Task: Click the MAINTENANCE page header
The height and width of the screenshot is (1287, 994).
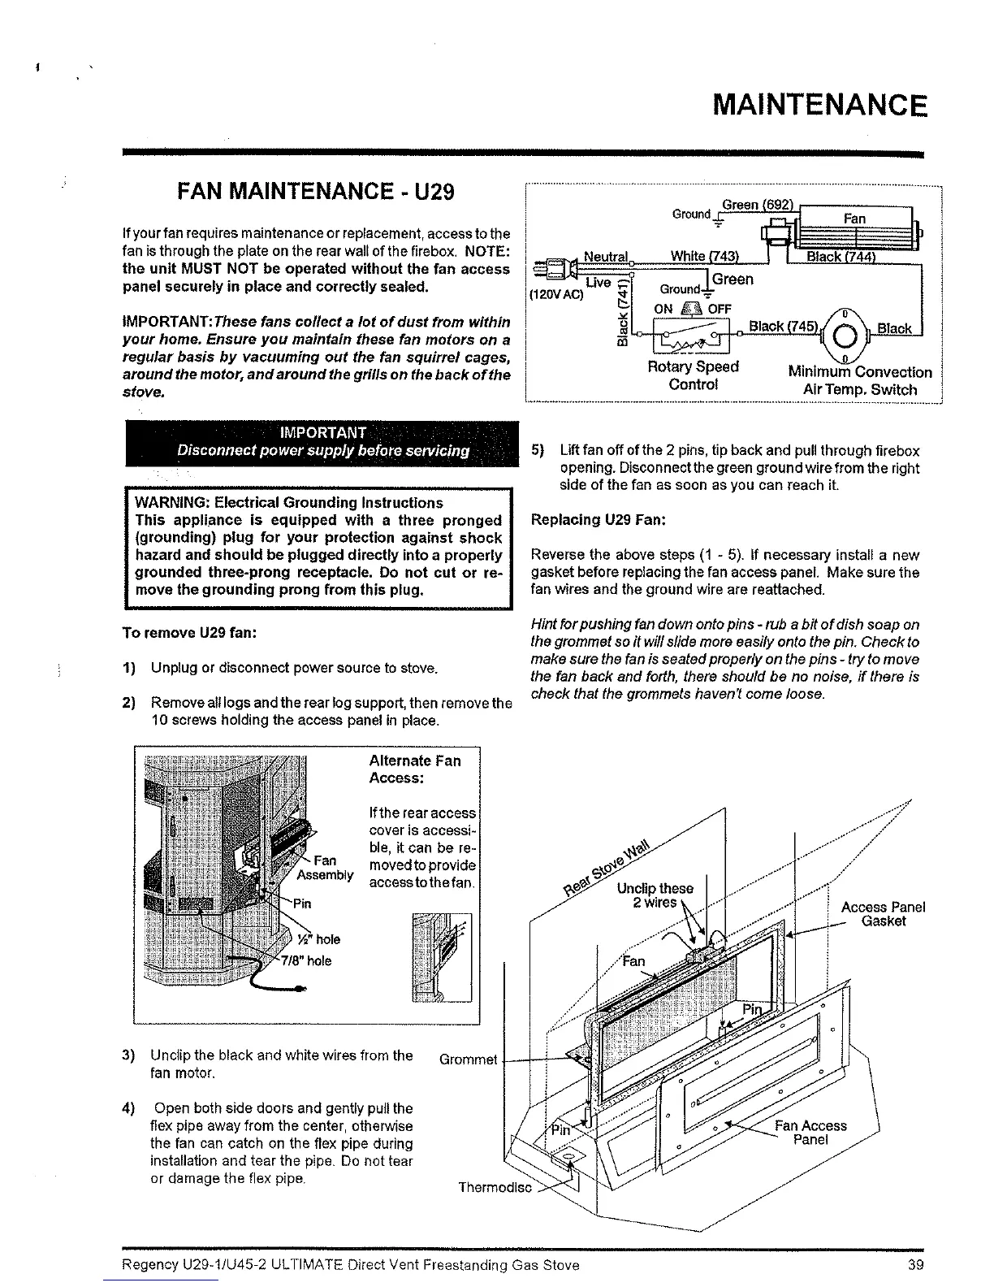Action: [x=818, y=106]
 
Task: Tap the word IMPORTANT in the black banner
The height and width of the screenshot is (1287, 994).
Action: [x=322, y=431]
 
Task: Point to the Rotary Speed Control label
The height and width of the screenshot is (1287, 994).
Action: [x=693, y=375]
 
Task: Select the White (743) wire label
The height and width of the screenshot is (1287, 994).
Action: [x=704, y=257]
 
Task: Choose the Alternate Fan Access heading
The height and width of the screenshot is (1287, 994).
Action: [x=414, y=769]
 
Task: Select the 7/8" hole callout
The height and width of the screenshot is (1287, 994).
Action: [x=305, y=960]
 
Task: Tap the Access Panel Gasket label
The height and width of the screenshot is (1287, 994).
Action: [x=883, y=914]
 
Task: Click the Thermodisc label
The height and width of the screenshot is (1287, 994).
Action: [x=495, y=1187]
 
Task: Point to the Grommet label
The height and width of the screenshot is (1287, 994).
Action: [x=468, y=1059]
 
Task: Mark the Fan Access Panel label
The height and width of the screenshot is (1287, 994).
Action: [x=810, y=1132]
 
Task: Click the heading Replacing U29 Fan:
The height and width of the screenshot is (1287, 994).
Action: [x=598, y=520]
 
